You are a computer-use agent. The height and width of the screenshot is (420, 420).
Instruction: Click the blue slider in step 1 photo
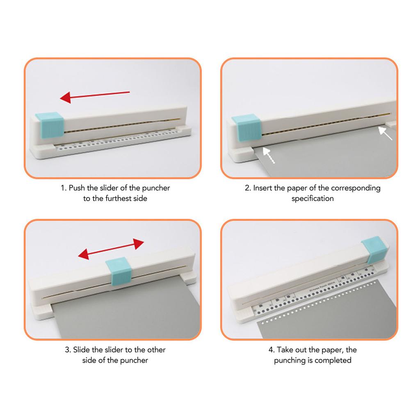click(x=50, y=126)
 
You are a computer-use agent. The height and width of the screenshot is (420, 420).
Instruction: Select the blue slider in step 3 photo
click(x=119, y=270)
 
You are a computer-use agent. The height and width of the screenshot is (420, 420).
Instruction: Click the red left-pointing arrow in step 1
click(x=95, y=96)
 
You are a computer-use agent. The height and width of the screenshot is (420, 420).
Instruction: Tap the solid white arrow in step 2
click(x=385, y=133)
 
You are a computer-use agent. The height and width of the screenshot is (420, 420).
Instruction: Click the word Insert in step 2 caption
click(x=262, y=188)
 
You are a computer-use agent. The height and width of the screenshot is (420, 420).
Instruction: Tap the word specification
click(x=313, y=199)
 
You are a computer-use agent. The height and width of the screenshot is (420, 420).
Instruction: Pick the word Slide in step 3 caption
click(x=82, y=350)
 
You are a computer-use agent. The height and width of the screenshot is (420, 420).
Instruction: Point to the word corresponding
click(x=356, y=188)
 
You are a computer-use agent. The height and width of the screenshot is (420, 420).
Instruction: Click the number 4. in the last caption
click(x=272, y=350)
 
